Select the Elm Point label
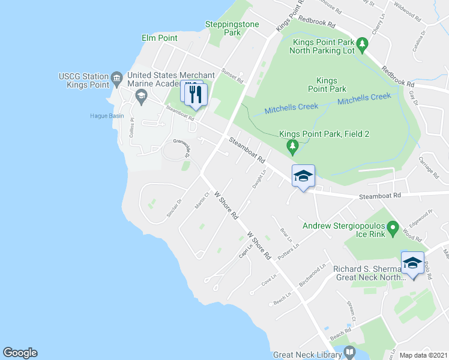tap(159, 38)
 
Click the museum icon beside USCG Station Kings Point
tap(117, 76)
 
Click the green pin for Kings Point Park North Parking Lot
tap(362, 44)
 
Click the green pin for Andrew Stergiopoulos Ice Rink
tap(393, 227)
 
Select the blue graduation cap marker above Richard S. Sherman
tap(412, 263)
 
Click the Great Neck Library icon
tap(350, 352)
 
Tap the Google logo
tap(20, 353)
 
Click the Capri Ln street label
tap(246, 250)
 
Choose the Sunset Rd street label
tap(232, 75)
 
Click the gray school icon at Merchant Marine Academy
tap(141, 94)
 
